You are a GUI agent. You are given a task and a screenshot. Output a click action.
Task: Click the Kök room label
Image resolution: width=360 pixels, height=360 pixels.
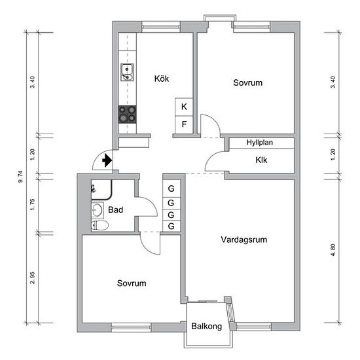click(162, 79)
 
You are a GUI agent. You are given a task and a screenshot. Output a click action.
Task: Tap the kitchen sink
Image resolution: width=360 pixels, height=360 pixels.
click(127, 72)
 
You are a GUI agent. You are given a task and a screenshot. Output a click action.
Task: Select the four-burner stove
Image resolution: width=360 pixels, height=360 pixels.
click(127, 115)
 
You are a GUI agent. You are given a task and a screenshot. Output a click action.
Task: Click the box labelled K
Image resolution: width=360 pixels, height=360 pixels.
click(184, 107)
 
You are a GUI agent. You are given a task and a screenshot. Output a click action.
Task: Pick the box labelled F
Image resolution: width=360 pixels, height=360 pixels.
click(184, 124)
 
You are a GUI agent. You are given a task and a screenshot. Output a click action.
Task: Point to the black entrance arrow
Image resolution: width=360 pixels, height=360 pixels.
click(107, 160)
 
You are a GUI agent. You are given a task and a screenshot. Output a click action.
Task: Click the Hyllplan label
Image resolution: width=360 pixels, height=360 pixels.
click(260, 142)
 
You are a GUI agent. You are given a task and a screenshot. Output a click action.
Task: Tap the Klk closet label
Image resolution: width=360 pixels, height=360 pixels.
click(261, 160)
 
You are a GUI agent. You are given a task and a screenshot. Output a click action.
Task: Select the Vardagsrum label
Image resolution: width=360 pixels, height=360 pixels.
click(244, 240)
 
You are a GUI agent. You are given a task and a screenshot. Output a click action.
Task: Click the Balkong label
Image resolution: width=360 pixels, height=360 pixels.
click(207, 326)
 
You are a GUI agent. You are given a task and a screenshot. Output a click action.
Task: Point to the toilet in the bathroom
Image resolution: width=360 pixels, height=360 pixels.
click(99, 225)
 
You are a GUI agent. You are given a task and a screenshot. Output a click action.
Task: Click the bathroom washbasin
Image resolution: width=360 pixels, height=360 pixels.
click(98, 209)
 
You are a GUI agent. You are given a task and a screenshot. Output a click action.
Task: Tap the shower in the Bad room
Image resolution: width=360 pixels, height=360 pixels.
click(101, 190)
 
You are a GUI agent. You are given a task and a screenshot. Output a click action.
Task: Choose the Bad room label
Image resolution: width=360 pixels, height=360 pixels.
click(115, 209)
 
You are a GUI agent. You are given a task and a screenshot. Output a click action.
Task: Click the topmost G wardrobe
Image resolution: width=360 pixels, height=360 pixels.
click(171, 189)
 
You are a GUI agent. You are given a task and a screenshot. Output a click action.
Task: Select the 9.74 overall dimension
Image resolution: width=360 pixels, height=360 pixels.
click(21, 177)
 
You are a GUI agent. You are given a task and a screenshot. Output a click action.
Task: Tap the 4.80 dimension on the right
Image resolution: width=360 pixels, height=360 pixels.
click(333, 250)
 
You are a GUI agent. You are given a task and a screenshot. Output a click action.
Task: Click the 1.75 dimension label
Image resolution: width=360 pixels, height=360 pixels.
click(32, 204)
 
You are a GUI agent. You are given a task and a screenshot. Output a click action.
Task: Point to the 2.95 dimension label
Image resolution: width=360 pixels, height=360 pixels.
click(32, 278)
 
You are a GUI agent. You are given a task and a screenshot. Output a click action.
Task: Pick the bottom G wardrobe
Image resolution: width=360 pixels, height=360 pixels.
click(171, 226)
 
